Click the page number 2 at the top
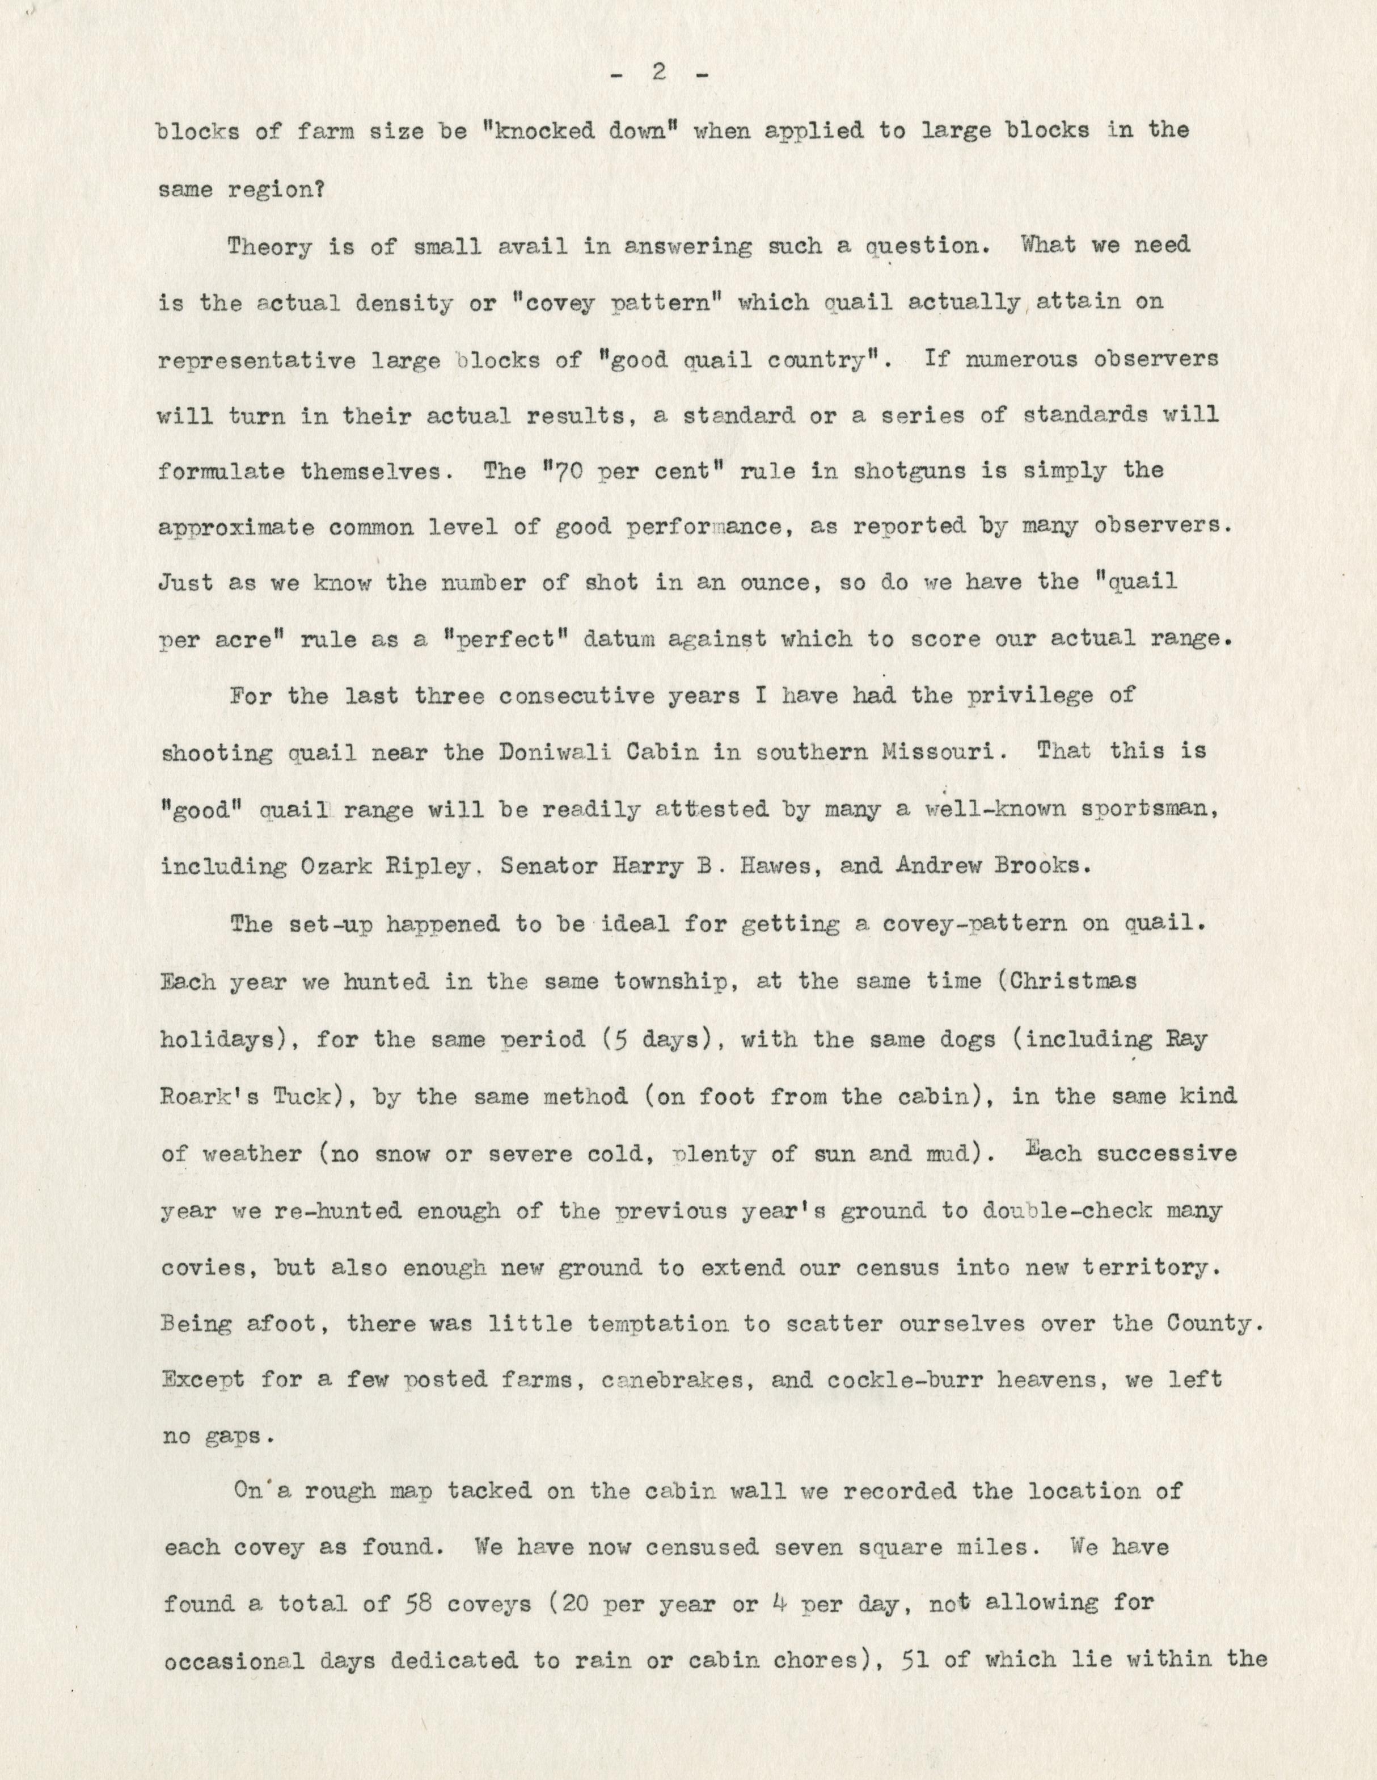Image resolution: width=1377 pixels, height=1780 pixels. pyautogui.click(x=658, y=73)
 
